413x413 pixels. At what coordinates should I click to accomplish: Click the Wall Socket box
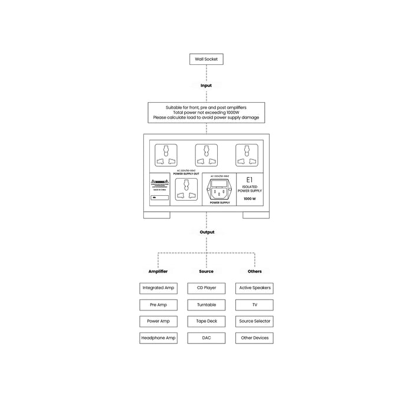tap(206, 59)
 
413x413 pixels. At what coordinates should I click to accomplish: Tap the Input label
tap(206, 86)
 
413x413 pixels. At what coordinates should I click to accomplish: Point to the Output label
tap(206, 232)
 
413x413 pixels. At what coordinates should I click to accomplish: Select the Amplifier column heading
tap(158, 271)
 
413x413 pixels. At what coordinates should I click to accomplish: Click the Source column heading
tap(206, 271)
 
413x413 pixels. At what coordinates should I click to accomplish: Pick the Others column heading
tap(254, 271)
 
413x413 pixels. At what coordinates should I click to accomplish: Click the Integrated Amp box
tap(158, 288)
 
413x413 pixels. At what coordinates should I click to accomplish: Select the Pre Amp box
tap(158, 305)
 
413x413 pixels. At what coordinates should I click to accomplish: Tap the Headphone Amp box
tap(158, 338)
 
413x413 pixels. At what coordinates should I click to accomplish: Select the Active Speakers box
tap(254, 288)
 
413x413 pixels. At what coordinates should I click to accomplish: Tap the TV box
tap(254, 305)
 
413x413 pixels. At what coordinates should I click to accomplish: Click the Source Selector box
tap(254, 322)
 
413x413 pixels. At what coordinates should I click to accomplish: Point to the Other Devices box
tap(254, 338)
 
